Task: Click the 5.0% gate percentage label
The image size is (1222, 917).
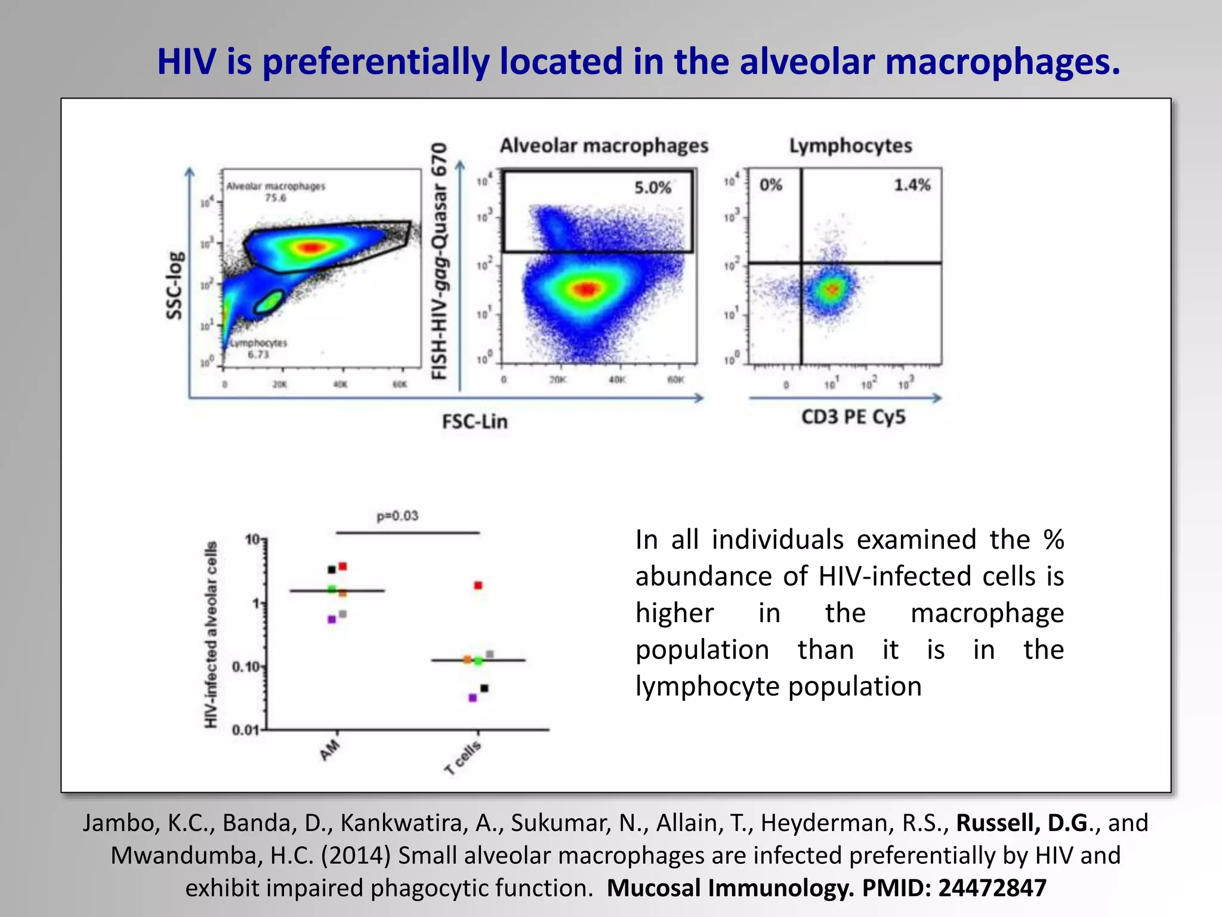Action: [652, 188]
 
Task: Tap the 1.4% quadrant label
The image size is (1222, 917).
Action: [912, 185]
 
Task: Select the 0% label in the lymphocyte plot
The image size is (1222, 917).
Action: [770, 185]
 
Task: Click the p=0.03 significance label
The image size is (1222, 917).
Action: [397, 516]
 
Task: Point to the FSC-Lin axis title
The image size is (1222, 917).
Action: [475, 421]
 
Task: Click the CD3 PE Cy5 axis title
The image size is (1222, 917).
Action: [853, 417]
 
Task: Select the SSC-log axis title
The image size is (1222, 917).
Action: [175, 285]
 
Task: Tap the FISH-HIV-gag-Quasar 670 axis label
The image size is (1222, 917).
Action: [439, 261]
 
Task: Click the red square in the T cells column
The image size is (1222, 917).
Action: [478, 585]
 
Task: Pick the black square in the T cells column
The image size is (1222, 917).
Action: [485, 688]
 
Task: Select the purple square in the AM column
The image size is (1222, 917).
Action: [332, 620]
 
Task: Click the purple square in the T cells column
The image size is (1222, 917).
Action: [473, 697]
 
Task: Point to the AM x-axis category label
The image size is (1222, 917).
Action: [330, 750]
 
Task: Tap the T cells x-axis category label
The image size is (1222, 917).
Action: [463, 758]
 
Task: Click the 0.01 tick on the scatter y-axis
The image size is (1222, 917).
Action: [245, 730]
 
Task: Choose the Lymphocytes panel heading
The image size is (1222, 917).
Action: [850, 146]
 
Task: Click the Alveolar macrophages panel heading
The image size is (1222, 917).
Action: [604, 146]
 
